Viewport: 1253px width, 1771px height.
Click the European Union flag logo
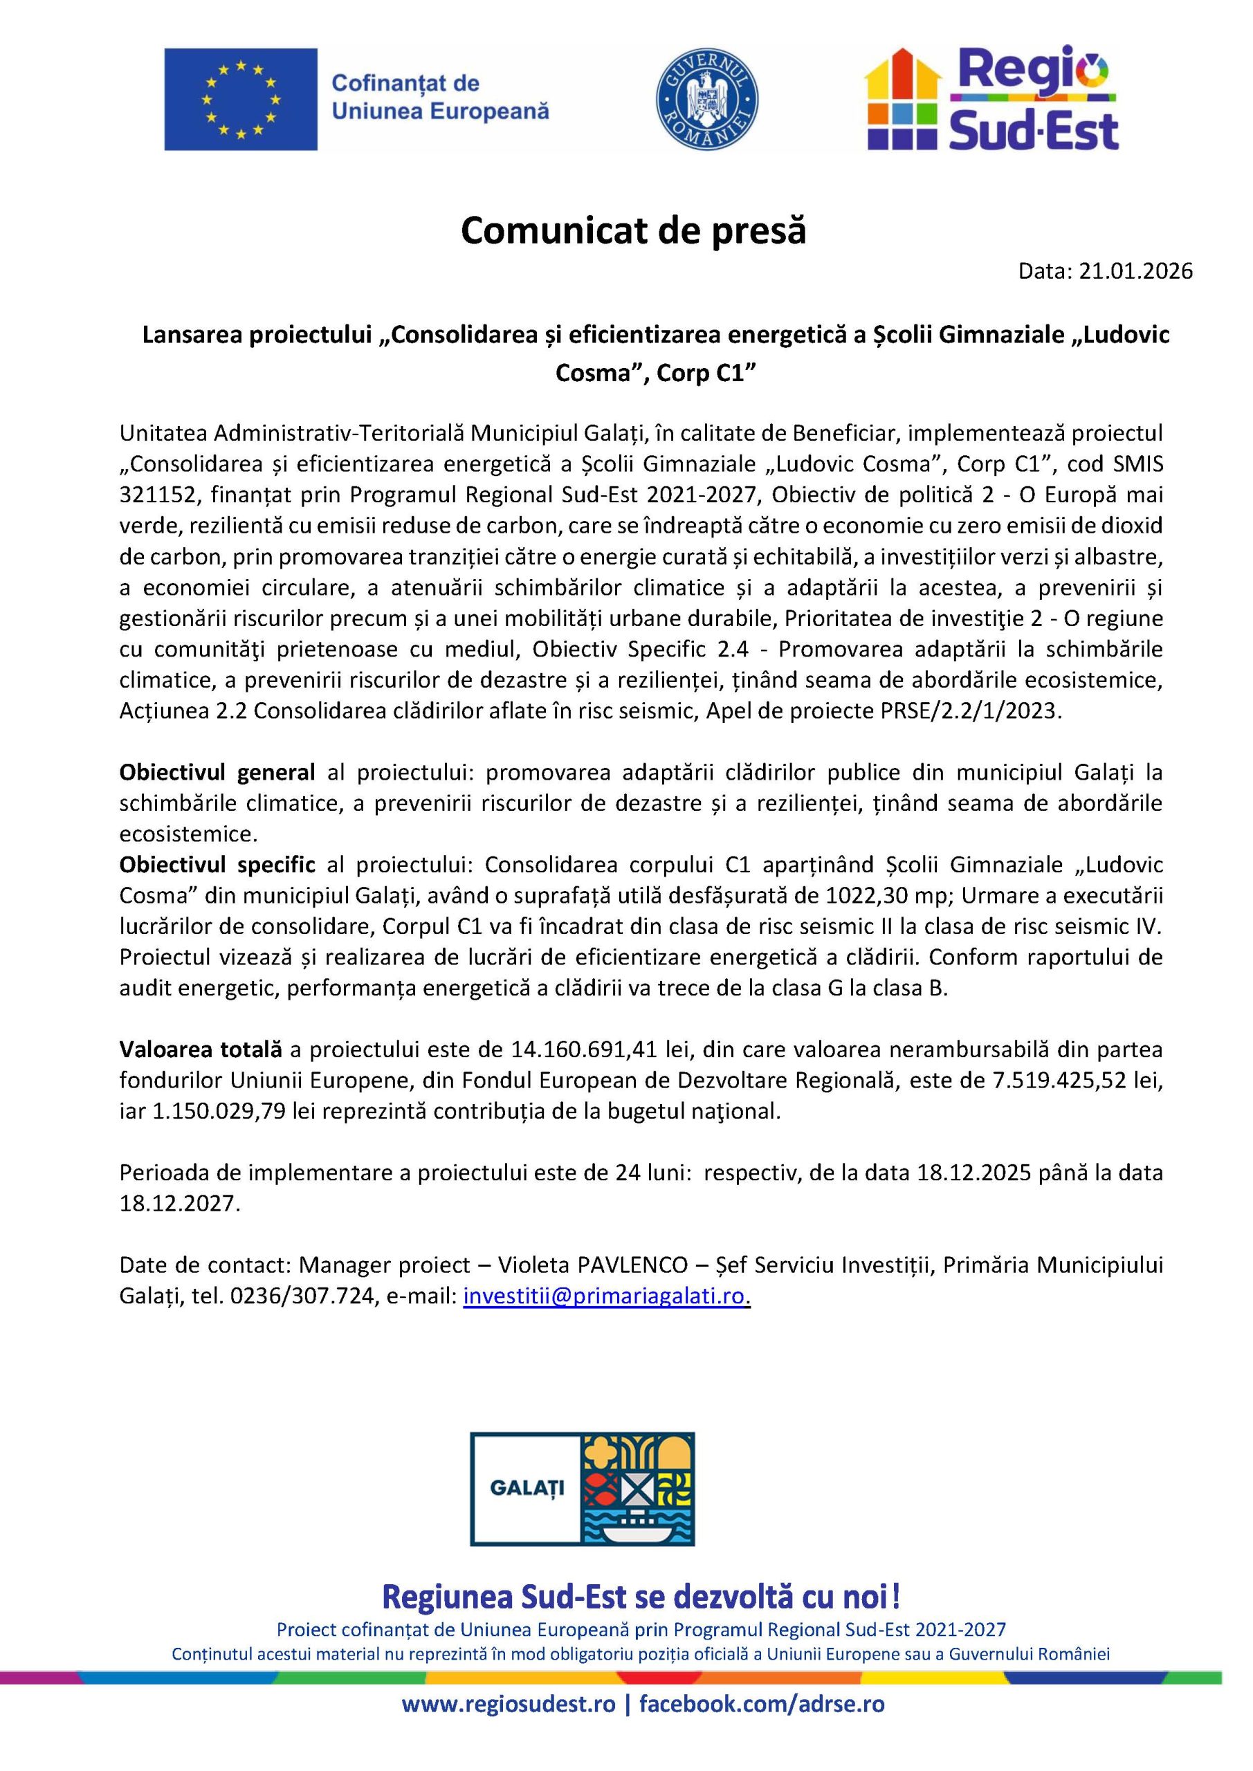click(240, 99)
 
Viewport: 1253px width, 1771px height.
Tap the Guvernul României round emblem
click(706, 100)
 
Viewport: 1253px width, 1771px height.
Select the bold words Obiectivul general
click(217, 772)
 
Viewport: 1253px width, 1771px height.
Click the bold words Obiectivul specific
click(217, 865)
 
